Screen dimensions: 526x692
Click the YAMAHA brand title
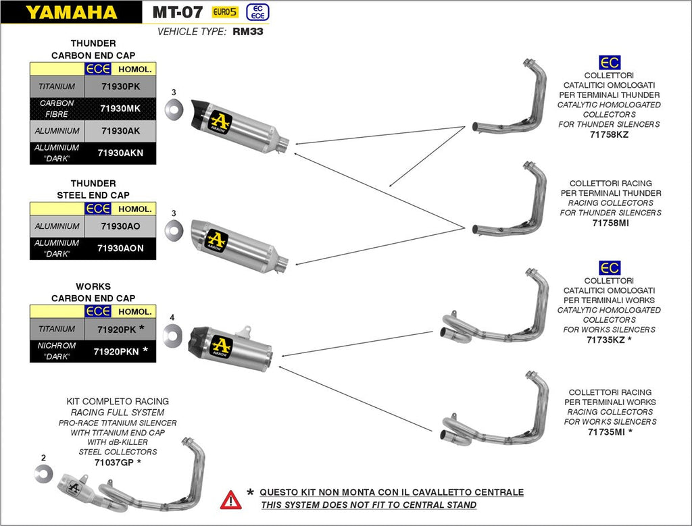(71, 11)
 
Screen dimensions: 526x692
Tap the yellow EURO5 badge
(225, 11)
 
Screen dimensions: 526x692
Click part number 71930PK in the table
(120, 86)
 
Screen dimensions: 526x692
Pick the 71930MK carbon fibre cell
(120, 108)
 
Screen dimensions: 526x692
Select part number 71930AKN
(120, 153)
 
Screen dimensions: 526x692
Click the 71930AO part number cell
(120, 226)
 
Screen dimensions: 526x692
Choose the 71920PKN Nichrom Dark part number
(117, 351)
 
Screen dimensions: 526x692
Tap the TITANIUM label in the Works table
(57, 329)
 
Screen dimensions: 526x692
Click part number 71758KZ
(610, 135)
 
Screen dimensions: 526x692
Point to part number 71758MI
(610, 223)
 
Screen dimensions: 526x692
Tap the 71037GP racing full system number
(114, 462)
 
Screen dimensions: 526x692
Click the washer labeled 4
(172, 333)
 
